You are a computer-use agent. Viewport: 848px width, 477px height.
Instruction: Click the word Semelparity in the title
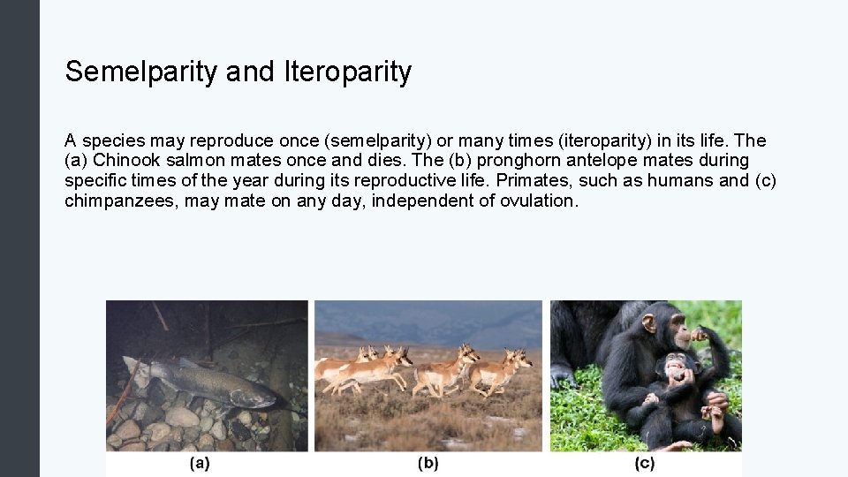pyautogui.click(x=140, y=72)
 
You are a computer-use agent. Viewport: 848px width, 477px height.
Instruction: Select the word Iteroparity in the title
pyautogui.click(x=348, y=72)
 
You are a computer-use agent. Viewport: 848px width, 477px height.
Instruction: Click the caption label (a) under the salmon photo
pyautogui.click(x=200, y=463)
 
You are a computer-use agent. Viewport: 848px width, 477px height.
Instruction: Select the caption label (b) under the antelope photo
pyautogui.click(x=428, y=463)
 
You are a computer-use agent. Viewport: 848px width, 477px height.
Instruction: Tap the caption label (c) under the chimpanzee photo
pyautogui.click(x=645, y=463)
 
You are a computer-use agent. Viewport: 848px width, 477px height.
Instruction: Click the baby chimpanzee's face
pyautogui.click(x=678, y=367)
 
